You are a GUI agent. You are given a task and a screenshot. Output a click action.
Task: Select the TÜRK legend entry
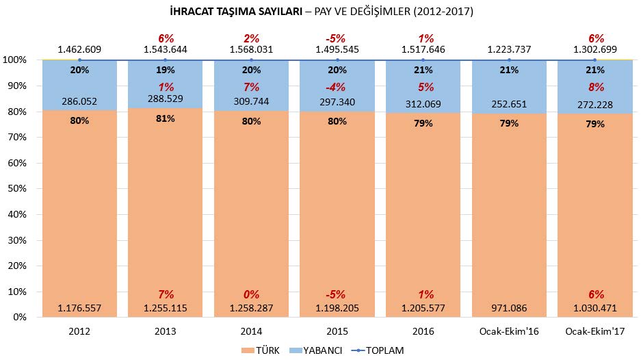263,350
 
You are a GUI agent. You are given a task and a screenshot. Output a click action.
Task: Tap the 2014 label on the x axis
252,331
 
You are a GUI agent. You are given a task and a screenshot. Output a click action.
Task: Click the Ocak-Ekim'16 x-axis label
510,331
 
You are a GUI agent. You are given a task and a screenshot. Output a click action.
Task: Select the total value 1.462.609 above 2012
79,50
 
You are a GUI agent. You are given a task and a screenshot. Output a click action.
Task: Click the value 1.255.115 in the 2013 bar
166,308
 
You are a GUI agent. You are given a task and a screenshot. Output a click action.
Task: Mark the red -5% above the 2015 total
337,38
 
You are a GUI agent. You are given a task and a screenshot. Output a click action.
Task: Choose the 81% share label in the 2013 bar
166,118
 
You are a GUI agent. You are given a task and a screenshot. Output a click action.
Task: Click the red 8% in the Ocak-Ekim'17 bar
595,87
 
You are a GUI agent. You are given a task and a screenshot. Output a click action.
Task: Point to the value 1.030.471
595,308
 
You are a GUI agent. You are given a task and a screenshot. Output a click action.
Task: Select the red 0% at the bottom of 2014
252,294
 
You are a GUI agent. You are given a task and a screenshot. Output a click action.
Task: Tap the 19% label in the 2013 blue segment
166,70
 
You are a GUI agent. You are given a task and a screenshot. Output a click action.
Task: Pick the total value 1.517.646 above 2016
423,50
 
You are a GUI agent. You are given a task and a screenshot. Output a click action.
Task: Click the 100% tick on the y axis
14,60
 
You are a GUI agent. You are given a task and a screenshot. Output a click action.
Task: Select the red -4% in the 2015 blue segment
337,87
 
